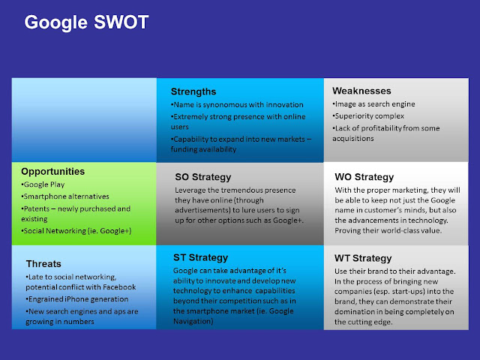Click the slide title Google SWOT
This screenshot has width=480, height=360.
(x=86, y=22)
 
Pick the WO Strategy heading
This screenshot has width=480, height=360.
(x=364, y=177)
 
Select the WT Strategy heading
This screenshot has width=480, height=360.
(x=363, y=257)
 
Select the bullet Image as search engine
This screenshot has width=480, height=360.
(x=374, y=103)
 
